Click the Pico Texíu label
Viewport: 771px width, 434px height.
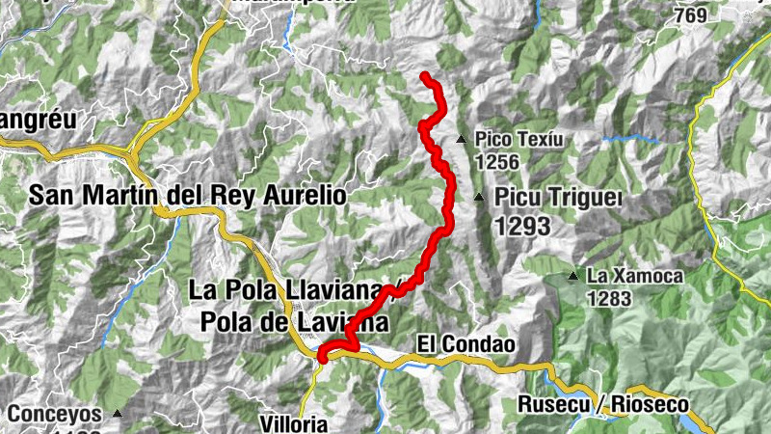[518, 140]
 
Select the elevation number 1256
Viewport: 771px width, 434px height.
[497, 161]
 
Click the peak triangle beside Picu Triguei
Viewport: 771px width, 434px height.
[480, 198]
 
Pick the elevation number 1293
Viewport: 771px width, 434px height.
[521, 227]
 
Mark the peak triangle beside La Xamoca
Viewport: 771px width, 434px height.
[573, 277]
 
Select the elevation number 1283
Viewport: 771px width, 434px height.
[608, 299]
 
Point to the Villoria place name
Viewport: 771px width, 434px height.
[294, 423]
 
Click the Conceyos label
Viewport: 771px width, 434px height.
[55, 414]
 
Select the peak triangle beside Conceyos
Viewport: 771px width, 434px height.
[118, 414]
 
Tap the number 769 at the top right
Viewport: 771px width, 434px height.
[718, 15]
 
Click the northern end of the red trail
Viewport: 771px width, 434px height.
[425, 75]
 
